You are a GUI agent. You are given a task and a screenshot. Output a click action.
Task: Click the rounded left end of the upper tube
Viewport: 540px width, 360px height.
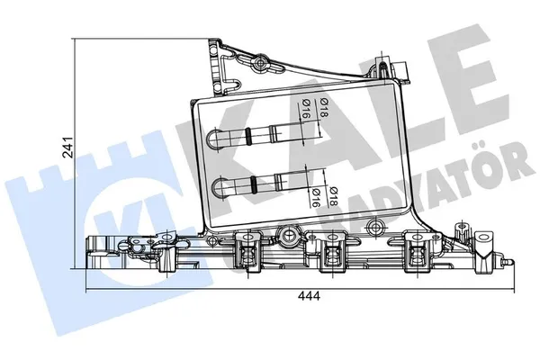pos(213,138)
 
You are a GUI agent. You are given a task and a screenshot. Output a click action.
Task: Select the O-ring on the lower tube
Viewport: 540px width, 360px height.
pos(256,186)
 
